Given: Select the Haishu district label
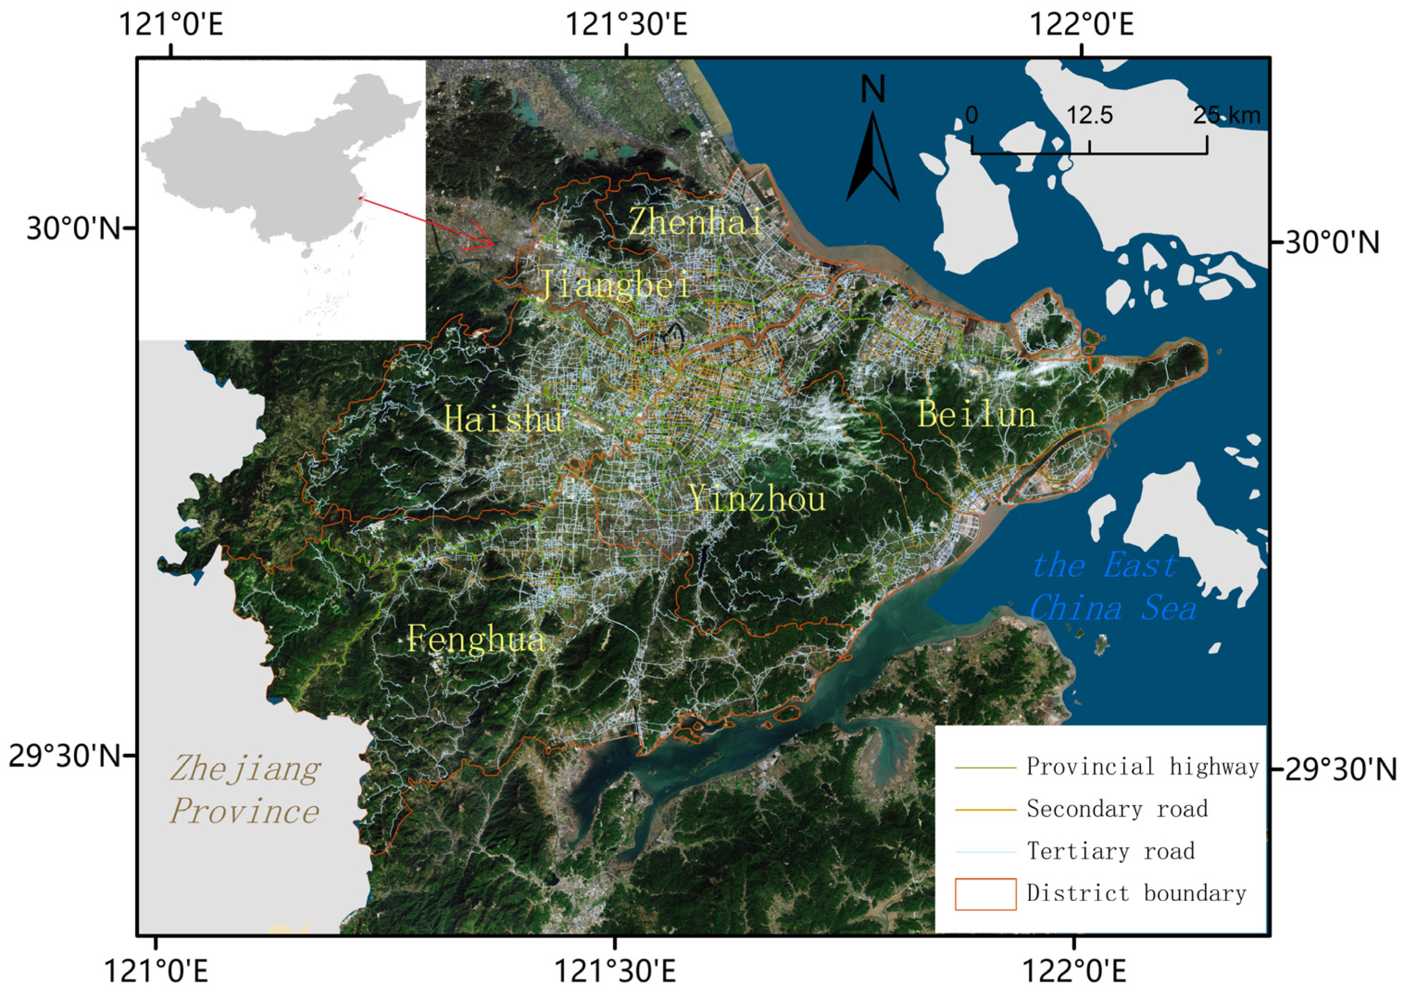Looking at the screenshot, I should [503, 420].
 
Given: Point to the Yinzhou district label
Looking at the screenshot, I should [758, 498].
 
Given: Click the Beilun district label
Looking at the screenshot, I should [977, 415].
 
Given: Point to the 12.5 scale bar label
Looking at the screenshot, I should [1090, 115].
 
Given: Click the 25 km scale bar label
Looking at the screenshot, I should [1226, 115].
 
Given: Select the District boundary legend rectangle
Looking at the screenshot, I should [985, 894].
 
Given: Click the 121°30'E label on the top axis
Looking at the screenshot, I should [626, 26].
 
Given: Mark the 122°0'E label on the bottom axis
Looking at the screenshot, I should [1074, 971].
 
